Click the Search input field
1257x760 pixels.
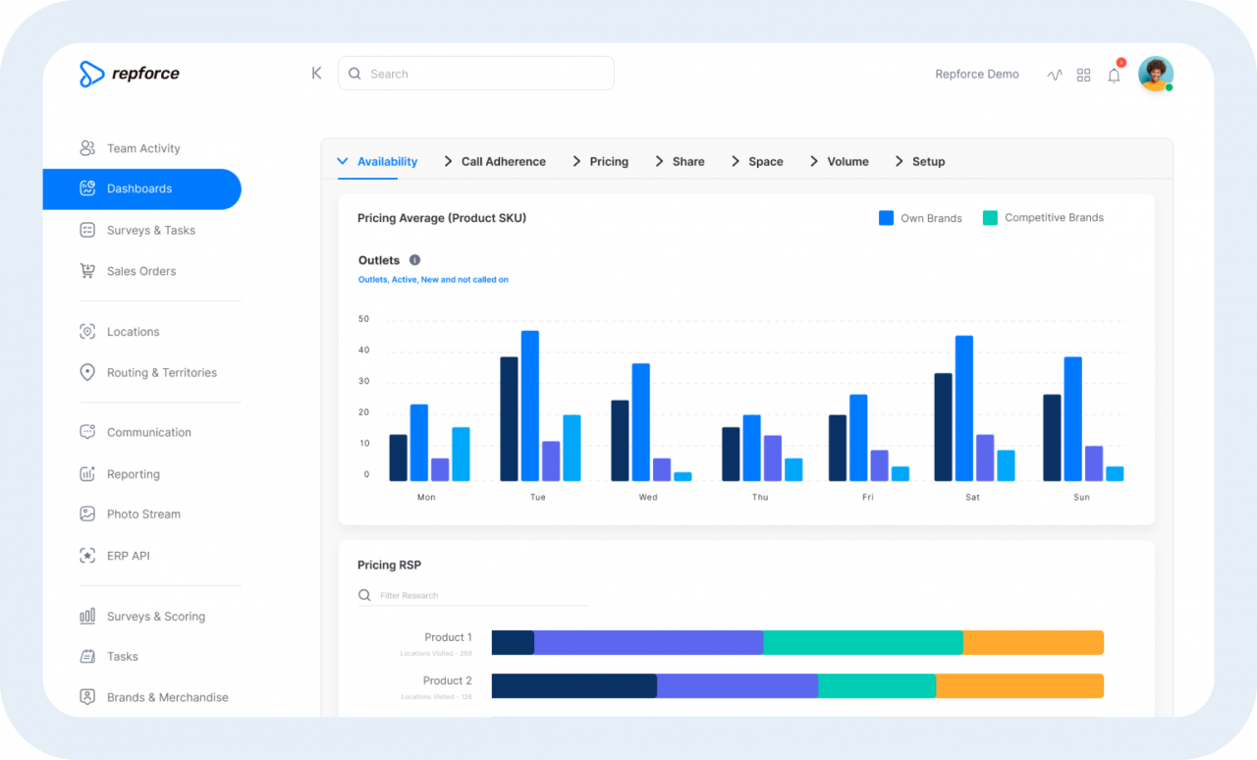(476, 74)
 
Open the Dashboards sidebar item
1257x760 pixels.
(140, 189)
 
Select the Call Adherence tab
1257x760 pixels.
(502, 162)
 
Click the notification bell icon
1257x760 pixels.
(1114, 75)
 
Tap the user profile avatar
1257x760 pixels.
(1155, 74)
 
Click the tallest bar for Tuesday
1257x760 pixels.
(530, 406)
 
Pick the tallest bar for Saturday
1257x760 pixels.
(964, 408)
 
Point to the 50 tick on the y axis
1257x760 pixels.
(364, 319)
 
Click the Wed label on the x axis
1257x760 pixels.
(648, 497)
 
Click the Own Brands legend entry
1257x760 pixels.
(920, 218)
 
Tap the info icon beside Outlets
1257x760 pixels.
(414, 260)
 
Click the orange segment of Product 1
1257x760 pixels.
(1033, 642)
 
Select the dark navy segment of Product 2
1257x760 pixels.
(574, 685)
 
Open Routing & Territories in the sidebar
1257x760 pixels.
(161, 373)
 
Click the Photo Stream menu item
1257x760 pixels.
(143, 515)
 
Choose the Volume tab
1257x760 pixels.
(847, 162)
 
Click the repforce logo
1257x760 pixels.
(130, 74)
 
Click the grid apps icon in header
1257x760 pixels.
(1084, 75)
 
